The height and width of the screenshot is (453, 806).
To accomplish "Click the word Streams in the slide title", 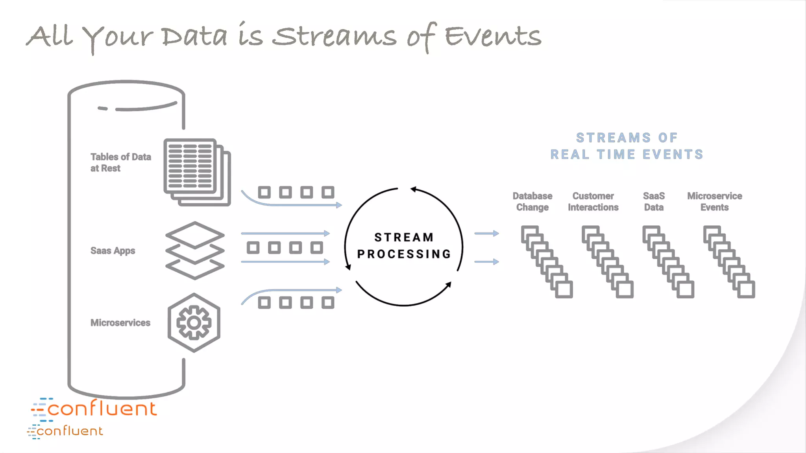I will pyautogui.click(x=335, y=36).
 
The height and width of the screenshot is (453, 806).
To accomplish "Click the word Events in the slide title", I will pyautogui.click(x=493, y=36).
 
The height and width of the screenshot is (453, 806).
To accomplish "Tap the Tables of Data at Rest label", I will pyautogui.click(x=120, y=162).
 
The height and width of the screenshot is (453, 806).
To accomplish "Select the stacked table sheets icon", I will pyautogui.click(x=197, y=172).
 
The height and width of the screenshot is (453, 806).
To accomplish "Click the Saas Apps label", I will pyautogui.click(x=113, y=250).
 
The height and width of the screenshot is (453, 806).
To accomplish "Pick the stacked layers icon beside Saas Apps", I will pyautogui.click(x=195, y=250).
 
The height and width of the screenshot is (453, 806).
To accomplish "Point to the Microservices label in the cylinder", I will pyautogui.click(x=120, y=322).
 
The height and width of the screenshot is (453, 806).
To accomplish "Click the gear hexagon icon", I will pyautogui.click(x=194, y=322).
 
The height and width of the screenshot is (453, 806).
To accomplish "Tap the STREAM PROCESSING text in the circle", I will pyautogui.click(x=404, y=246).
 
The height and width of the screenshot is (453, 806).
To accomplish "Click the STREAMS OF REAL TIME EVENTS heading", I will pyautogui.click(x=627, y=146).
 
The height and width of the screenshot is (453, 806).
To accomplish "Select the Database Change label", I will pyautogui.click(x=532, y=201).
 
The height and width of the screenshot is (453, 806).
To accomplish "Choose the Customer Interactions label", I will pyautogui.click(x=593, y=201).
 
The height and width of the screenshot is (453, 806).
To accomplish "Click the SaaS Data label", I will pyautogui.click(x=654, y=201).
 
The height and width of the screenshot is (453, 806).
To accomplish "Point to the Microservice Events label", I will pyautogui.click(x=714, y=201).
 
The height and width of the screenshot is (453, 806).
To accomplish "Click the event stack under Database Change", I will pyautogui.click(x=547, y=261).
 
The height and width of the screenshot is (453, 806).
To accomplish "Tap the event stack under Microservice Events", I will pyautogui.click(x=729, y=261).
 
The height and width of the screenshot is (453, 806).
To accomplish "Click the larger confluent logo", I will pyautogui.click(x=94, y=408).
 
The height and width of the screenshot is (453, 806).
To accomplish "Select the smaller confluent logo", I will pyautogui.click(x=65, y=431).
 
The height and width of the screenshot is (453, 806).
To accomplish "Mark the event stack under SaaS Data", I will pyautogui.click(x=668, y=261).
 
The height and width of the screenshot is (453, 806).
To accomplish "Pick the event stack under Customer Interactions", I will pyautogui.click(x=607, y=261).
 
